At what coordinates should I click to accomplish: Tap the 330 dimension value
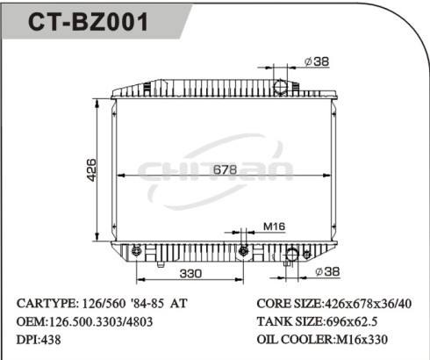tap(192, 273)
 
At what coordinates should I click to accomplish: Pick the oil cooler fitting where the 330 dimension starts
tap(136, 252)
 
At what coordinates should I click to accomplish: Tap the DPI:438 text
tap(39, 340)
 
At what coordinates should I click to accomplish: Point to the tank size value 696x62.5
tap(361, 321)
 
